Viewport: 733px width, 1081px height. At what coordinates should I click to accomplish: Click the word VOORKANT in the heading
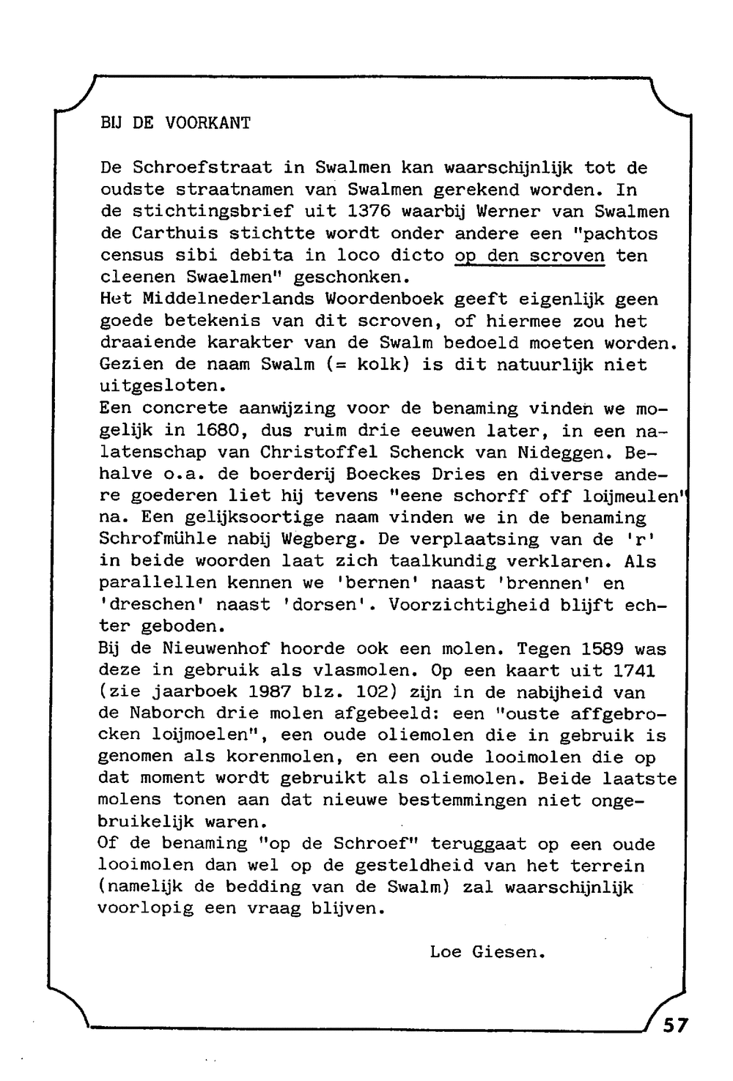(208, 124)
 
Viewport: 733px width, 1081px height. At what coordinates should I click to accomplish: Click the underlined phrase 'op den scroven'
(530, 256)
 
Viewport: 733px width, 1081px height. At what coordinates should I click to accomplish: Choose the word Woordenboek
(384, 300)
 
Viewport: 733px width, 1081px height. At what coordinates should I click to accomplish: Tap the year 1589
(604, 649)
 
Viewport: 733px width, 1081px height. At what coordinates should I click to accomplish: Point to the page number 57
(675, 1025)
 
